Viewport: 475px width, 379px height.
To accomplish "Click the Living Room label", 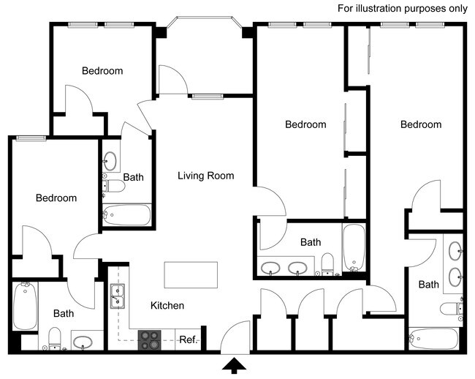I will [206, 176].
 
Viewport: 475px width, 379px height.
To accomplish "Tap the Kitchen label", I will [167, 306].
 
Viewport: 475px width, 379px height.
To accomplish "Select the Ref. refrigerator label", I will [189, 339].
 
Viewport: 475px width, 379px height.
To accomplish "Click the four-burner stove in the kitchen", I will [151, 339].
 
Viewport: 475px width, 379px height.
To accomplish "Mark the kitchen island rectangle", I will [191, 275].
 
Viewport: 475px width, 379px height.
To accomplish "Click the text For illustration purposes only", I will [403, 9].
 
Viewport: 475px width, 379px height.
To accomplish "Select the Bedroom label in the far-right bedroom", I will [421, 124].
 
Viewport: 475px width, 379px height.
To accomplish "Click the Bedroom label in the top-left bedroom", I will [102, 71].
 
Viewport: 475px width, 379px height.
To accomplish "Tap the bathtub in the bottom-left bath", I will [25, 307].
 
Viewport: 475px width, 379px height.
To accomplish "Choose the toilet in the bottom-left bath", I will [54, 338].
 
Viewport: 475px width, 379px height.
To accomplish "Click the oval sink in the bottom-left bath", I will [82, 341].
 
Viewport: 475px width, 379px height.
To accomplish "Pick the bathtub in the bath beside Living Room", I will [126, 215].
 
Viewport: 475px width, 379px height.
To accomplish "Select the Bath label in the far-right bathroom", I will [429, 285].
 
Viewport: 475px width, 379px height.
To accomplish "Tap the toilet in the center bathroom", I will [327, 263].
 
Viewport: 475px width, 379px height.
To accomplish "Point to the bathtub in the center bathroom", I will [353, 247].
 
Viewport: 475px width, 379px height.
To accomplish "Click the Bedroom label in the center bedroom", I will [305, 124].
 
